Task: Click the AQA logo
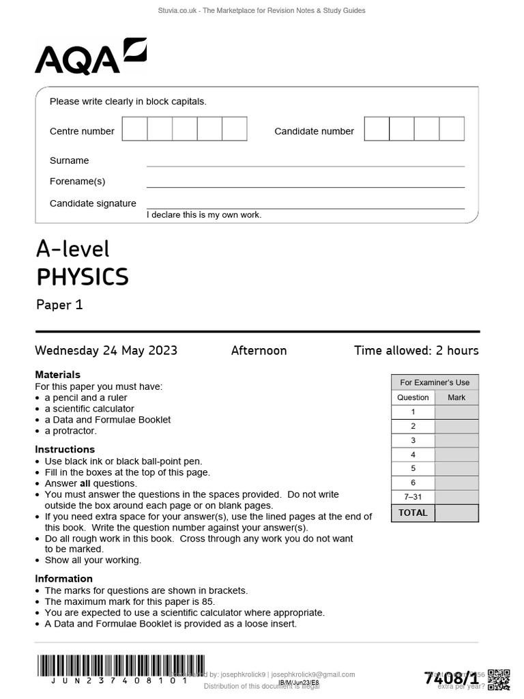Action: (x=90, y=57)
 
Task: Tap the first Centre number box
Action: (x=134, y=129)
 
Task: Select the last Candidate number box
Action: (x=452, y=129)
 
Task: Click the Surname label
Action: (x=69, y=160)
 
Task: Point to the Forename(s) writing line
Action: (x=305, y=186)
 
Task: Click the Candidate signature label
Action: (x=93, y=203)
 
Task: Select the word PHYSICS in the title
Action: (x=82, y=277)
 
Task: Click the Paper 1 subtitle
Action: (x=59, y=305)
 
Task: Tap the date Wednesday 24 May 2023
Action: (x=106, y=351)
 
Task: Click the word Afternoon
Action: (x=259, y=351)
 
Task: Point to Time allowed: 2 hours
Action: (x=416, y=351)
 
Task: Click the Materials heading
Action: (x=57, y=375)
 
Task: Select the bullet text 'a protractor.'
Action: (x=71, y=431)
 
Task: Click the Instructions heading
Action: (x=65, y=449)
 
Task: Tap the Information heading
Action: (x=64, y=579)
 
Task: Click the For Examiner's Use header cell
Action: (x=435, y=382)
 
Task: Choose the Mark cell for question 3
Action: (x=456, y=440)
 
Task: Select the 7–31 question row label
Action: (x=413, y=497)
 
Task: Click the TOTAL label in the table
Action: (x=413, y=513)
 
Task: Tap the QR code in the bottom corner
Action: (x=499, y=679)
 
